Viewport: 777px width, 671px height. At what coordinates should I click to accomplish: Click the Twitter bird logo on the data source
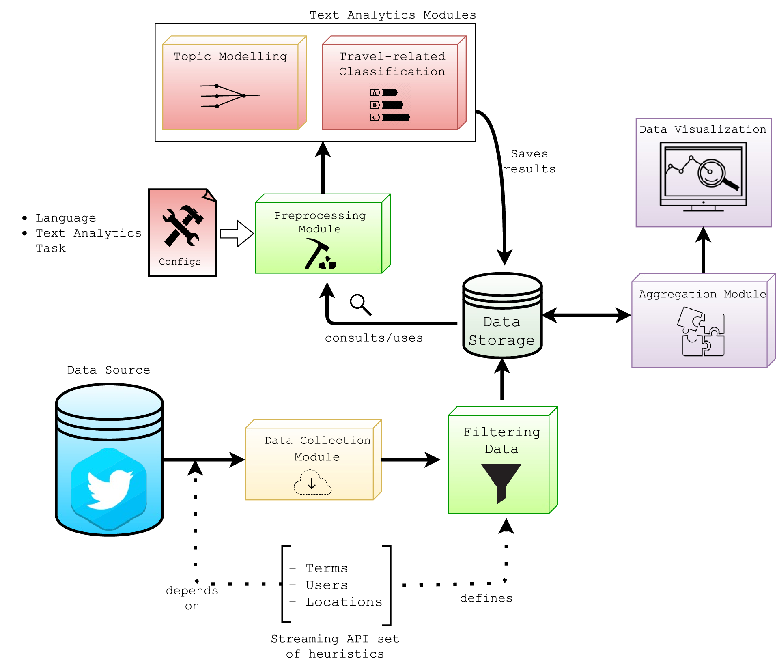click(x=109, y=489)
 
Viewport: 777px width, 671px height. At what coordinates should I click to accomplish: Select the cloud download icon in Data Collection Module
click(x=312, y=482)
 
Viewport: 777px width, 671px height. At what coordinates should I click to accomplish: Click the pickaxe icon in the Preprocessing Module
click(x=319, y=254)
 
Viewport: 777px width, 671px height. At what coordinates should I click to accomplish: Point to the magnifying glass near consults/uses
click(x=360, y=304)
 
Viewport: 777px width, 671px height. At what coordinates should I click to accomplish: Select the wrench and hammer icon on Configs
click(x=182, y=226)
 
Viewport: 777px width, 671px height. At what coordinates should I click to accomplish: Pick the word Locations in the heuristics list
click(x=344, y=602)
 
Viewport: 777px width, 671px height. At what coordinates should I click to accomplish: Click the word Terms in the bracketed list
click(x=327, y=568)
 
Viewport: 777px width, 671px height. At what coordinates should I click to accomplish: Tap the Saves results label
click(x=529, y=161)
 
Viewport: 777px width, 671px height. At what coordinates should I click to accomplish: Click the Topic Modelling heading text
click(x=230, y=56)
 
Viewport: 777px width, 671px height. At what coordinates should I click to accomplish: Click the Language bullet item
click(x=65, y=218)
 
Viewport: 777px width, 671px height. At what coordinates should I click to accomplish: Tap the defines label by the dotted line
click(x=486, y=598)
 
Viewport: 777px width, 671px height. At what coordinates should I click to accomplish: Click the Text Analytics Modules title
click(x=392, y=15)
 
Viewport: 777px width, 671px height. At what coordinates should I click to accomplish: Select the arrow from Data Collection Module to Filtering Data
click(x=410, y=460)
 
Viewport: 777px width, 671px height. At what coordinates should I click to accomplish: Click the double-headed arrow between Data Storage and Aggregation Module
click(x=586, y=315)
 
